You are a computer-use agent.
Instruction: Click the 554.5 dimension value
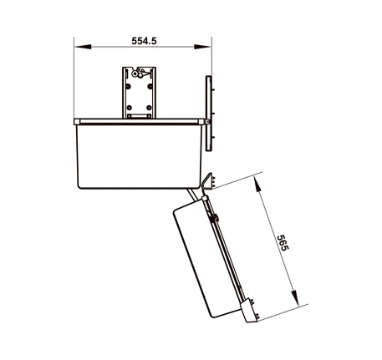point(144,41)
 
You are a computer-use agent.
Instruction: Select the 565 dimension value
point(282,243)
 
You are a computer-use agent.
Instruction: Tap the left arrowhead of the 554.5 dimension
point(83,47)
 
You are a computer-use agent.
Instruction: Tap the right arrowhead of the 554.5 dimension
point(202,47)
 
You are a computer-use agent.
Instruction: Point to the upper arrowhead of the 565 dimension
point(258,184)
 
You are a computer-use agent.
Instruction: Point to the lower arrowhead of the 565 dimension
point(294,298)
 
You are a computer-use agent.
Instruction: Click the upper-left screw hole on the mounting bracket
point(128,87)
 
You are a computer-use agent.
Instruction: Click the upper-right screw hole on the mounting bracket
point(150,87)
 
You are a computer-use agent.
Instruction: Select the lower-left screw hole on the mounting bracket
point(129,108)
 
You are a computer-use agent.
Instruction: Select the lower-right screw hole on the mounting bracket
point(149,108)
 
